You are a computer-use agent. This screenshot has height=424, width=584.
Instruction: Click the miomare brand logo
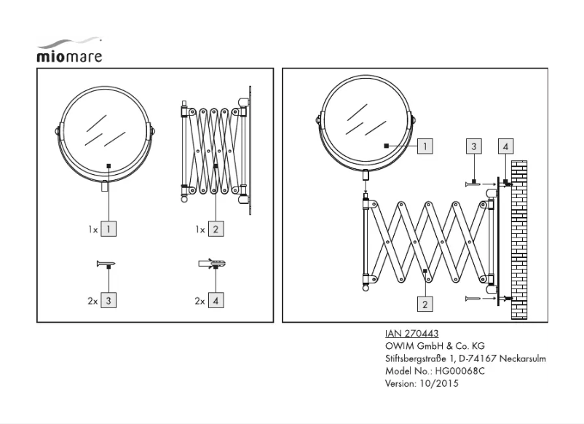pyautogui.click(x=69, y=51)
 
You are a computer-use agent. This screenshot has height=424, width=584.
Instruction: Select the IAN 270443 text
pyautogui.click(x=411, y=334)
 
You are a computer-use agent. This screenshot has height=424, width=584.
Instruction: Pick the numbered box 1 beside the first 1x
pyautogui.click(x=108, y=229)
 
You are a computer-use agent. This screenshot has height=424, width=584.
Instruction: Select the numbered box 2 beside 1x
pyautogui.click(x=216, y=229)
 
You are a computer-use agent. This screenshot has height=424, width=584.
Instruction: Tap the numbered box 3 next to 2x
pyautogui.click(x=108, y=299)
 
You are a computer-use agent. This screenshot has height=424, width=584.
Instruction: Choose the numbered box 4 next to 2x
pyautogui.click(x=216, y=299)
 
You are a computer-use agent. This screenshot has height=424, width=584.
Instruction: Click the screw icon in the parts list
pyautogui.click(x=106, y=264)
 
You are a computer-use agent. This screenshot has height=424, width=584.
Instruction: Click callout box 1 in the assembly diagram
pyautogui.click(x=425, y=146)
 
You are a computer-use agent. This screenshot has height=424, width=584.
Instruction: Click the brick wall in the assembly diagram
pyautogui.click(x=518, y=240)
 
